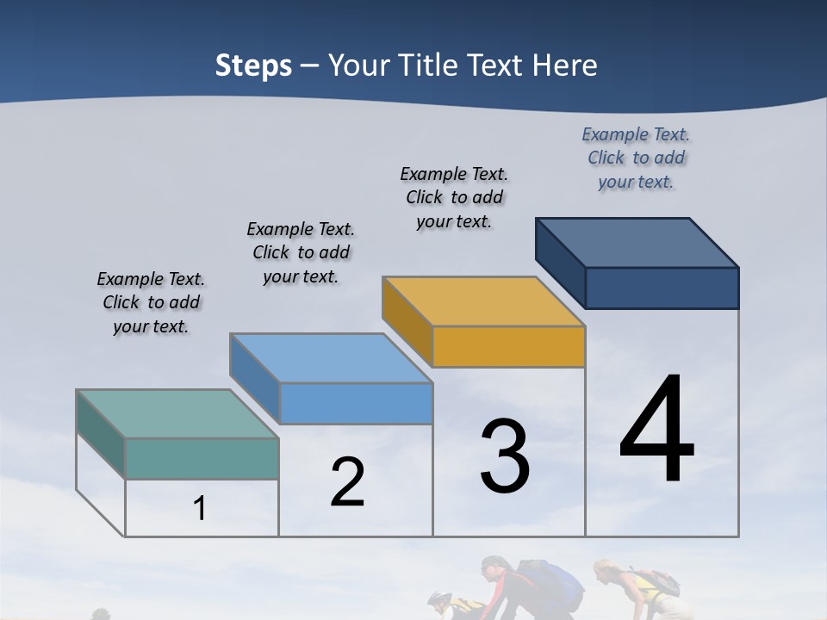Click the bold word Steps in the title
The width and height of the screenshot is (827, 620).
(253, 65)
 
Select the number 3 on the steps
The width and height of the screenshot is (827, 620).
(505, 456)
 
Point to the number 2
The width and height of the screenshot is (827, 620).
(348, 482)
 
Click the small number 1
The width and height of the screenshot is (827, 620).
(200, 509)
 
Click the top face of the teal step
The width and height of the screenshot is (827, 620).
(177, 413)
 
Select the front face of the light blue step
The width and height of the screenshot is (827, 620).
(356, 403)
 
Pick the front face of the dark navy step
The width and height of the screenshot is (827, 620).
(662, 288)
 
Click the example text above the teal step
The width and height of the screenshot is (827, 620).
(151, 302)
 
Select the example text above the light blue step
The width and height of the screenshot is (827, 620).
(301, 252)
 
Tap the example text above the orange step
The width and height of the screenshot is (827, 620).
(454, 197)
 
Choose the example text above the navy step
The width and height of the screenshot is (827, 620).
(636, 158)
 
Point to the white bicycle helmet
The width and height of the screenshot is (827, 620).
(439, 598)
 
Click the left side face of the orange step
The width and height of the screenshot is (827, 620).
(407, 319)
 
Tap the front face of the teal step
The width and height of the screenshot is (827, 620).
(202, 458)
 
